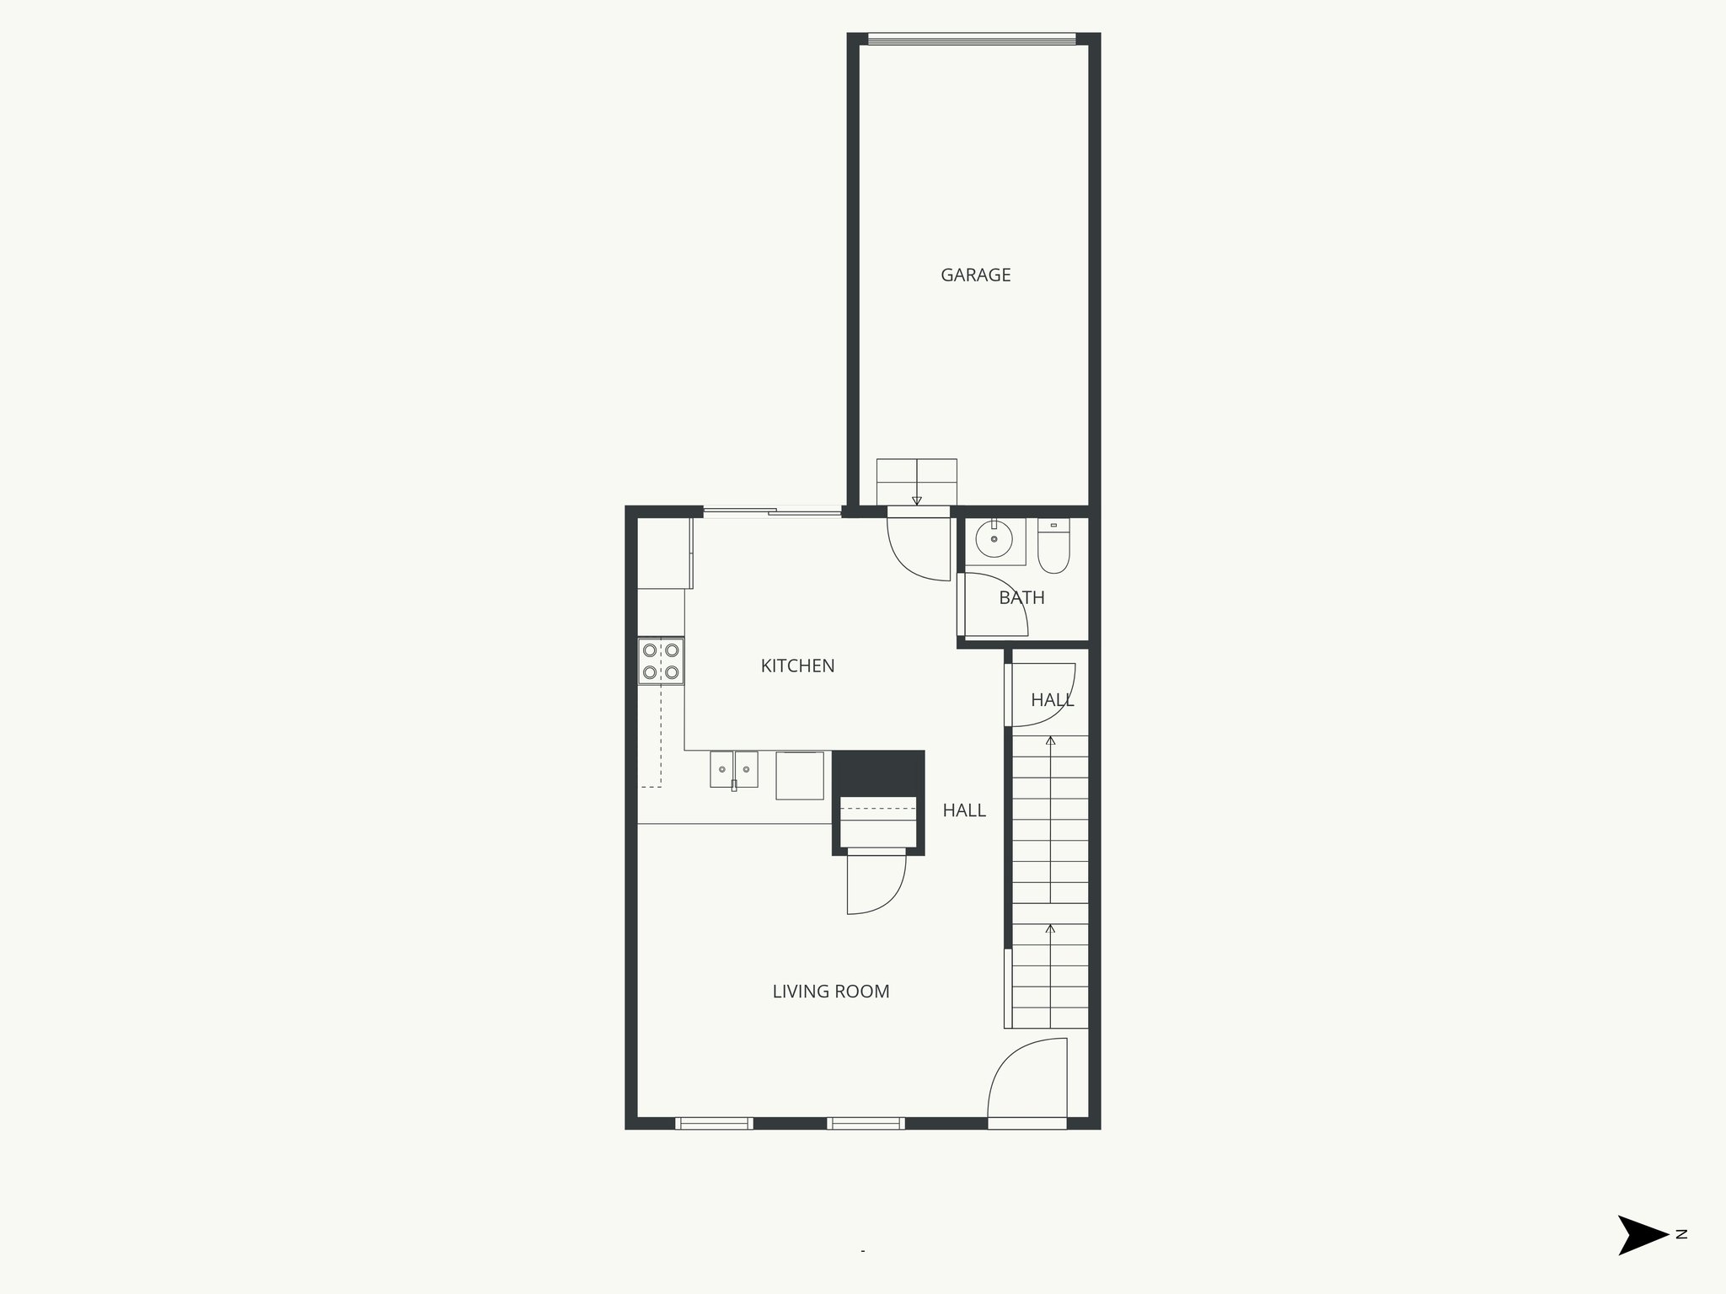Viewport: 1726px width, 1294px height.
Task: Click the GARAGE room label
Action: coord(975,275)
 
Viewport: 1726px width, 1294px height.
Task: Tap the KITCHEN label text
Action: coord(797,666)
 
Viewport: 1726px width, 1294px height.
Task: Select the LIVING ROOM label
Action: coord(831,992)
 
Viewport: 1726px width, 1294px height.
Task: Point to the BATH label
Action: coord(1021,598)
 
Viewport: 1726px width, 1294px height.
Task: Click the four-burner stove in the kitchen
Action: coord(661,661)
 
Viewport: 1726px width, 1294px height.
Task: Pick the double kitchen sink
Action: coord(734,769)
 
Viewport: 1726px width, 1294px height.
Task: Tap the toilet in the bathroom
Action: coord(1053,548)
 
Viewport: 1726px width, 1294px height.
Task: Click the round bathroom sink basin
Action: coord(994,540)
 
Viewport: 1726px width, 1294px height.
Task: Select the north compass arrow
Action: coord(1642,1235)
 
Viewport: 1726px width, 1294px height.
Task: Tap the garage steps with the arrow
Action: coord(916,482)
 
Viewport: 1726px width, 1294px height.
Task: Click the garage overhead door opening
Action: coord(972,39)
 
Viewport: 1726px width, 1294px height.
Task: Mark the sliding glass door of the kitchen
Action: coord(772,511)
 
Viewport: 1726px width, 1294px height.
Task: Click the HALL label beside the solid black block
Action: coord(964,810)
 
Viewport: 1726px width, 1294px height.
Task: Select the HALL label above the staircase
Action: coord(1052,700)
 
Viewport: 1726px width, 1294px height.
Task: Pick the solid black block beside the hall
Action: coord(878,772)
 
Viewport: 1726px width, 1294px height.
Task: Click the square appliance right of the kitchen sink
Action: coord(799,775)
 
